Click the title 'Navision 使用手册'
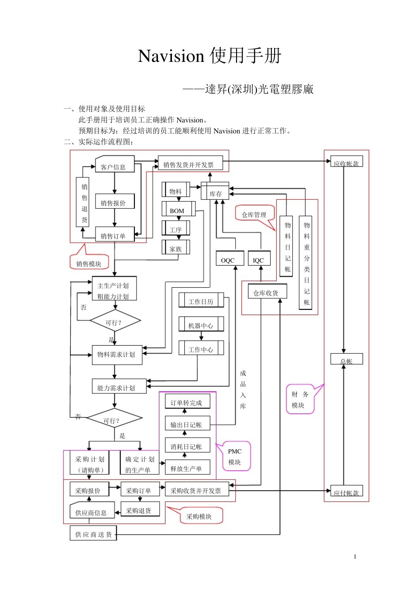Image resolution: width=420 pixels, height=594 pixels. [x=210, y=56]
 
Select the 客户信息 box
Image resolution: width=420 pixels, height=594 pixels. [x=115, y=164]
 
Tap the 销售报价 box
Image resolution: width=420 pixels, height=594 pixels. [x=115, y=202]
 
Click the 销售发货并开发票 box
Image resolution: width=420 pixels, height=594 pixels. [x=190, y=163]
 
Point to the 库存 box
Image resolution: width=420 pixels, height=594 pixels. [x=215, y=191]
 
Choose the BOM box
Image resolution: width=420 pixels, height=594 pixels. [x=178, y=209]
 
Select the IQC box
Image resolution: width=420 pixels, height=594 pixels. [x=259, y=259]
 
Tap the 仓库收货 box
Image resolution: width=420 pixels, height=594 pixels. [x=267, y=292]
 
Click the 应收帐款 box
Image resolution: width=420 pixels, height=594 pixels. [x=347, y=162]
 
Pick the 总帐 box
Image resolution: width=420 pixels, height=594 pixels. [x=347, y=359]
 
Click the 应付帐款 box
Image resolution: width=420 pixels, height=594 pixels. [x=347, y=491]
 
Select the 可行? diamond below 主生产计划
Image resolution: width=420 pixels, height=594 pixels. [x=115, y=321]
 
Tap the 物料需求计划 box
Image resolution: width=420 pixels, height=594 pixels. [x=117, y=355]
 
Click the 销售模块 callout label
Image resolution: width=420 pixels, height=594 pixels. [x=89, y=263]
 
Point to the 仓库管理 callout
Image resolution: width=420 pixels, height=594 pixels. [x=254, y=213]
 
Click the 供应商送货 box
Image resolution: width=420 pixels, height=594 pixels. [x=93, y=533]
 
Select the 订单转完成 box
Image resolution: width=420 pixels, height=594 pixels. [x=187, y=401]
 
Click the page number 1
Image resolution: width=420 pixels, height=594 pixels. [x=355, y=557]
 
